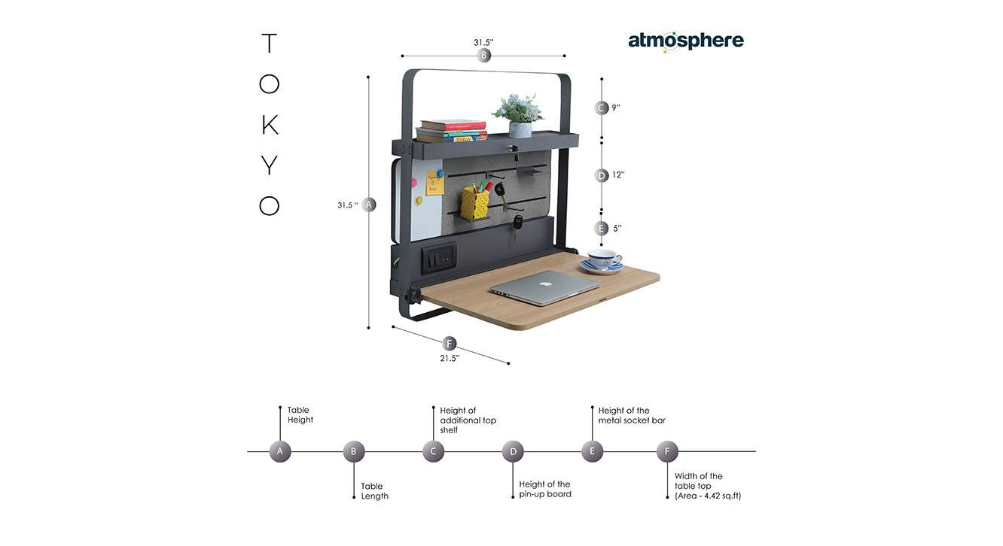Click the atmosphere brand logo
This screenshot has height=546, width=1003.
[x=685, y=41]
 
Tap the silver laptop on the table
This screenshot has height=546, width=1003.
[x=544, y=287]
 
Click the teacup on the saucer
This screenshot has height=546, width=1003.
[x=604, y=259]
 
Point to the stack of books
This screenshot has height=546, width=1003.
[x=452, y=131]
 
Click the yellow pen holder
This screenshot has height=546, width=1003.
[x=474, y=203]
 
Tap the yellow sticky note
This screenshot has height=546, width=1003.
[x=434, y=183]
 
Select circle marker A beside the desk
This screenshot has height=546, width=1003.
[x=369, y=205]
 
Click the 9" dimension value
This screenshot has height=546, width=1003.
[x=616, y=108]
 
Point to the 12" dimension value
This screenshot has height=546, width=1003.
[x=618, y=175]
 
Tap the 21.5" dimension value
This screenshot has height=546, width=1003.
[x=450, y=359]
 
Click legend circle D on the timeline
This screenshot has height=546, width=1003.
[x=513, y=452]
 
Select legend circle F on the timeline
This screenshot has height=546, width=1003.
[x=667, y=452]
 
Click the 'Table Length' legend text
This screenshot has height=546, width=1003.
[x=375, y=491]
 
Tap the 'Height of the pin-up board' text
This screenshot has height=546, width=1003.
[x=545, y=490]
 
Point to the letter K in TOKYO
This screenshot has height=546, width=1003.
[x=270, y=125]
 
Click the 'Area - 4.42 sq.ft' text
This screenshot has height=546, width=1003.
[x=708, y=496]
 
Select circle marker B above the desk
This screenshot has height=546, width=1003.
[x=484, y=56]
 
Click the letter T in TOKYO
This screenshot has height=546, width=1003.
[x=269, y=44]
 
